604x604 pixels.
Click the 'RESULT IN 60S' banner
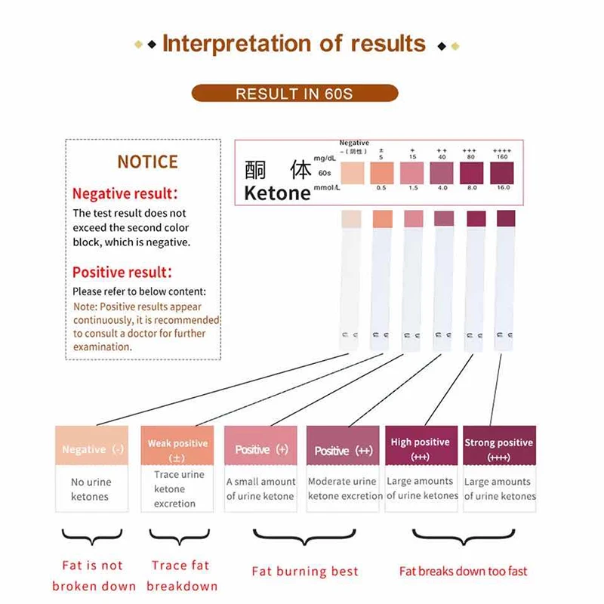[294, 94]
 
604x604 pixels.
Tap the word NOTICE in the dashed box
[148, 162]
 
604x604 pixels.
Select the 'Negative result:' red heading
[125, 194]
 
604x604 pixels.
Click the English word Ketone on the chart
[277, 193]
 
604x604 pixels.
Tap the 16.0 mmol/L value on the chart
[502, 186]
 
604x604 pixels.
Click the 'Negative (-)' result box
[93, 448]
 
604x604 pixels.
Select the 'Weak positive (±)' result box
[177, 448]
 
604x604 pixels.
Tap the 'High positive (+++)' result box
[421, 448]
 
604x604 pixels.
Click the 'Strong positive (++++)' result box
[498, 448]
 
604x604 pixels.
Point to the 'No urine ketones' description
[91, 489]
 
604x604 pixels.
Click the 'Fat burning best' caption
[304, 572]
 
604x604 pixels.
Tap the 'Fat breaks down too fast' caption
[463, 571]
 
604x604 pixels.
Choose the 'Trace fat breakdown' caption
[182, 575]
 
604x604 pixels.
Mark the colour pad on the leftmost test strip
[352, 219]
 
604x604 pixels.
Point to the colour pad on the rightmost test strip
[505, 218]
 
